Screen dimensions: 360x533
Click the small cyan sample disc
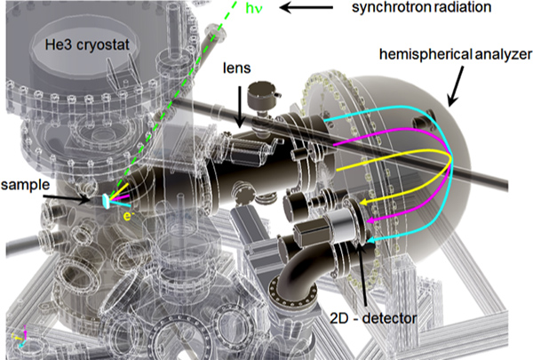point(107,202)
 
